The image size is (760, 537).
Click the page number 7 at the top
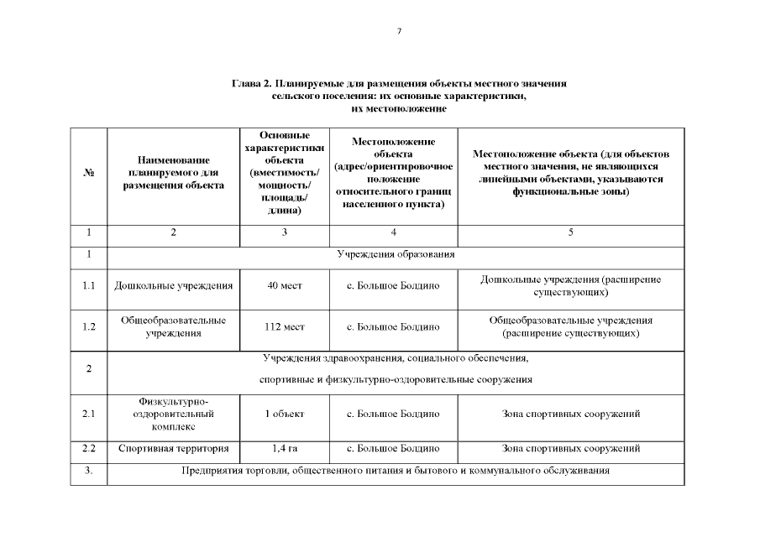coord(399,31)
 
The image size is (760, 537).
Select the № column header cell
coord(89,173)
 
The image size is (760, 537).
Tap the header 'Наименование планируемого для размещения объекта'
coord(174,173)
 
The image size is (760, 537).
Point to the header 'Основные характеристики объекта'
coord(285,173)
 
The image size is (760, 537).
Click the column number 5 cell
coord(570,232)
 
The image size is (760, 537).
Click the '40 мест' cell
coord(285,286)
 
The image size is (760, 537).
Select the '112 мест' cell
coord(285,327)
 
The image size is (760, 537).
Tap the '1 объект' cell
coord(285,414)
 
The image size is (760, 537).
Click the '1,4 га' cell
coord(285,448)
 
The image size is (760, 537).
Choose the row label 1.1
coord(89,286)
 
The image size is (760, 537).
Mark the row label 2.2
coord(89,448)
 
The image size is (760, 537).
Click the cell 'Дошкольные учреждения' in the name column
coord(174,286)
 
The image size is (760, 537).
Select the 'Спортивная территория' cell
coord(174,448)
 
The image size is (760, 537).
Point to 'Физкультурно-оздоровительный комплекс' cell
coord(174,414)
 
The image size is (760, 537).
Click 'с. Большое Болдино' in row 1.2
coord(393,327)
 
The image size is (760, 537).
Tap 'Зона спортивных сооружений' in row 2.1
coord(570,414)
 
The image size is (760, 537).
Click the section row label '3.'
coord(89,471)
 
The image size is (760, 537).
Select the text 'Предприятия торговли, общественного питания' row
coord(396,471)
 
